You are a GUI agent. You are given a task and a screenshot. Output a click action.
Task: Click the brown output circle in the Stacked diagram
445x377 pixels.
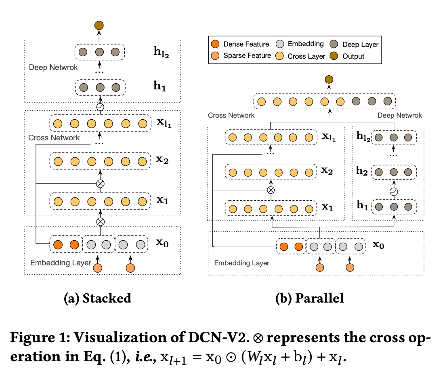[x=99, y=26]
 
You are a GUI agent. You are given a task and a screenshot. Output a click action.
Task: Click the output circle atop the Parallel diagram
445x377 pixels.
[x=330, y=80]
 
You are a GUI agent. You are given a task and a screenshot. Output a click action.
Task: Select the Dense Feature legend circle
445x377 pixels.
[x=215, y=44]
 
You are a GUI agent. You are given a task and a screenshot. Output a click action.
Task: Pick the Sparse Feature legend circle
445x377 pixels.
[x=215, y=55]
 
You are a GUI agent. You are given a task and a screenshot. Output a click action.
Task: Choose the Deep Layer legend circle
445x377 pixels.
[x=334, y=44]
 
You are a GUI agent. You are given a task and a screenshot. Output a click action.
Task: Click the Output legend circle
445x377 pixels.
[x=334, y=56]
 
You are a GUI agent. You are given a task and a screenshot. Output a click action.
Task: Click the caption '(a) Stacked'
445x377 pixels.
[x=98, y=298]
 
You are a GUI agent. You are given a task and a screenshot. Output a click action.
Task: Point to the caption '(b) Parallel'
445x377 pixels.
[x=309, y=298]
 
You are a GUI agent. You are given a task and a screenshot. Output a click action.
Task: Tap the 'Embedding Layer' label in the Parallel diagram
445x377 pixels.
[x=241, y=263]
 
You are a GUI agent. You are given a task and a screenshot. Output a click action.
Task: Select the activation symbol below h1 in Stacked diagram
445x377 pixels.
[x=100, y=107]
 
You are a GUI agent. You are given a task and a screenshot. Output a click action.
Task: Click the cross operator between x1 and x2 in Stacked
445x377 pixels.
[x=100, y=184]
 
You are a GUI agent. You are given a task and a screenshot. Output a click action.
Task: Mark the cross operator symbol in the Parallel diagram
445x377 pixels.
[x=271, y=190]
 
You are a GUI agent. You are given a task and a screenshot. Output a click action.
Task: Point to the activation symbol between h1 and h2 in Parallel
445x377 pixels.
[x=394, y=191]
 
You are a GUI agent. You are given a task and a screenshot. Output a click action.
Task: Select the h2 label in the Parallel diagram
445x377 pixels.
[x=362, y=171]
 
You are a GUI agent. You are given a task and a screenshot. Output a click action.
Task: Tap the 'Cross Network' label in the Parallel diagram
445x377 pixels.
[x=231, y=115]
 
